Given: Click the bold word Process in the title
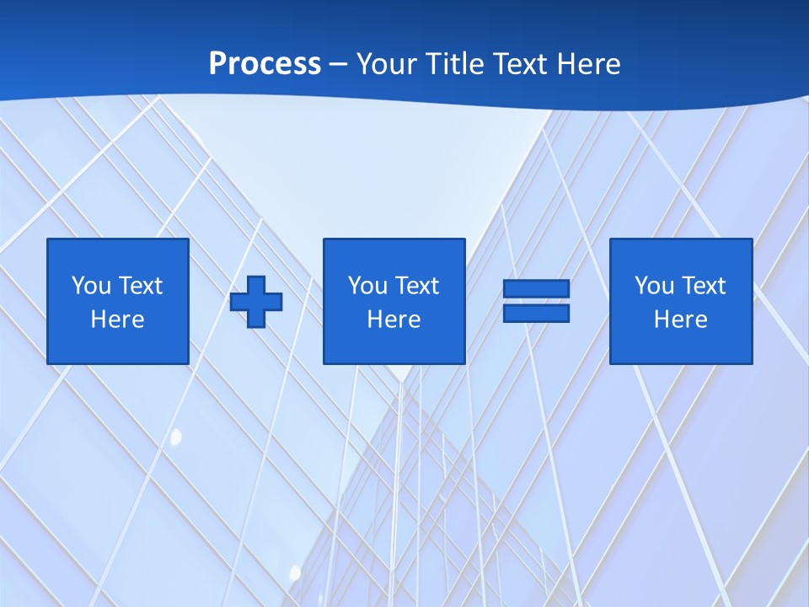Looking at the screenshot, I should coord(265,63).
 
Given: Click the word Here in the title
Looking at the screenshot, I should coord(593,63).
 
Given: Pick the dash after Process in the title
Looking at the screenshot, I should coord(338,65).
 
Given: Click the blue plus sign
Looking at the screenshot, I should coord(256,301).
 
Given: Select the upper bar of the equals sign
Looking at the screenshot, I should coord(536,288).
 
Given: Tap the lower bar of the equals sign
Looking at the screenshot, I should coord(536,313).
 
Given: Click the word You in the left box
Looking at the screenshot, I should coord(91,286).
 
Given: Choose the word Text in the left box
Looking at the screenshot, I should coord(140,286).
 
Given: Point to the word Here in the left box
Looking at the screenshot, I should coord(117,320).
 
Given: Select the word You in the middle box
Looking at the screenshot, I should coord(367,286).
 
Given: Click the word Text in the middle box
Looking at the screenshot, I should coord(416,286).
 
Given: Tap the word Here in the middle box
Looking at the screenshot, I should coord(394,320).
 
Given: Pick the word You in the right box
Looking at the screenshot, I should coord(654,286).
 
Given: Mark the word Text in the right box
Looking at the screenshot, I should coord(703,286).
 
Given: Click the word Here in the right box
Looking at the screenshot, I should coord(680,320).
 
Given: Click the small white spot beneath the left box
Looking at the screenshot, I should coord(176,437).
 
